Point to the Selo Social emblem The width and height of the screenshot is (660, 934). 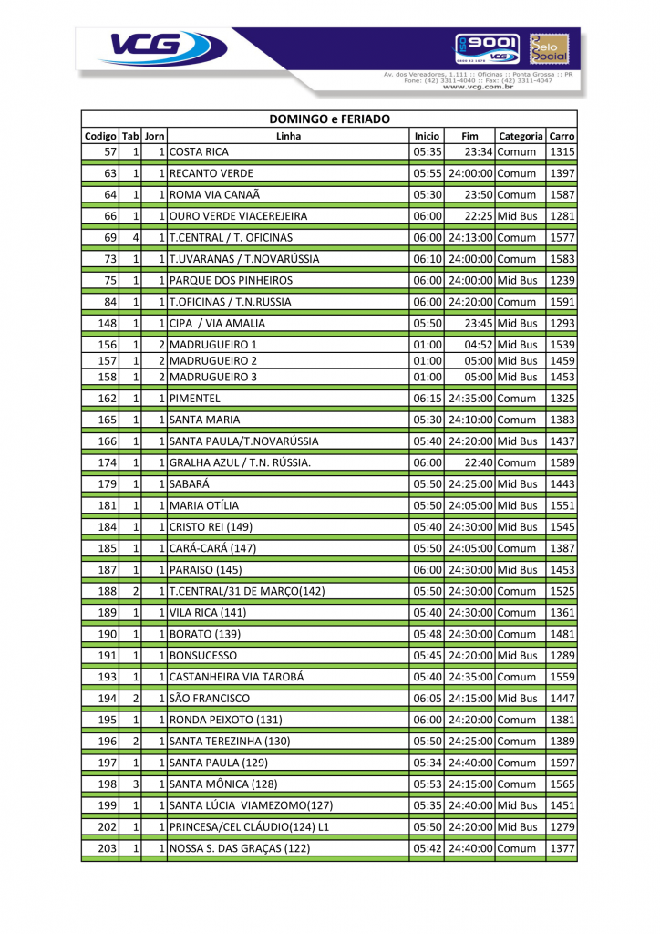pos(548,48)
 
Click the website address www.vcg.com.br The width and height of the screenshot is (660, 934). pos(479,87)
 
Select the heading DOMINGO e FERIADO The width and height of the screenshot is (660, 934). pos(329,119)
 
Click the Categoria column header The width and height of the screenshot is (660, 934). pos(521,136)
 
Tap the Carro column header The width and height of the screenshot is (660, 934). pos(562,136)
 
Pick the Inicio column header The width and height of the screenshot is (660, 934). pos(427,136)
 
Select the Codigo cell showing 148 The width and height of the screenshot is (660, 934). pos(108,323)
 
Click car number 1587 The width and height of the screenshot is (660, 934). pos(562,194)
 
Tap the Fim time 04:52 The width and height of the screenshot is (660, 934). pos(479,345)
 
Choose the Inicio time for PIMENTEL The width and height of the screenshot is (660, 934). pos(427,399)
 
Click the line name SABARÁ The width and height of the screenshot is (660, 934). pos(191,483)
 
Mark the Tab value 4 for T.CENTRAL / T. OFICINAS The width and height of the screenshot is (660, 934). pos(135,237)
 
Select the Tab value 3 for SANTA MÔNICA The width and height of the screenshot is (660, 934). pos(135,784)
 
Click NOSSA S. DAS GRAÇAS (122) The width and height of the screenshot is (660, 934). pos(240,848)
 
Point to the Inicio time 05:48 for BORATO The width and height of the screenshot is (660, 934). pos(427,634)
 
